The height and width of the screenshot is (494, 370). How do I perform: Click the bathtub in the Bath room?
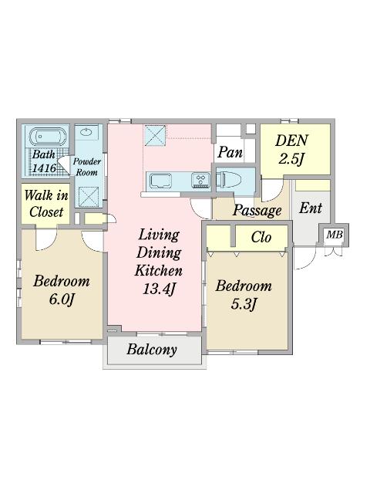[49, 137]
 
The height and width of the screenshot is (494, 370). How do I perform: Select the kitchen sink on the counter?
[161, 181]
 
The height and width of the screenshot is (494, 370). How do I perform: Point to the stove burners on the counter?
[200, 181]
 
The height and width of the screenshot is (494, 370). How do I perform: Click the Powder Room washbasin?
[86, 132]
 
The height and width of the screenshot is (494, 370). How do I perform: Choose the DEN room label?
[291, 140]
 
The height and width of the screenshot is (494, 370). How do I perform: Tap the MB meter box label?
[334, 235]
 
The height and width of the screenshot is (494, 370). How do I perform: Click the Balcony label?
[152, 350]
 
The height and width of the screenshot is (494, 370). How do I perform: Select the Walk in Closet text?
[46, 204]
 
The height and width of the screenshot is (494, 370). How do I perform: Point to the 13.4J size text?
[159, 289]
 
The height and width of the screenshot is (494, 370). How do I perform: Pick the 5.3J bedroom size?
[244, 304]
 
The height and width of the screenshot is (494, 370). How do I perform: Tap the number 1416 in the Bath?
[44, 168]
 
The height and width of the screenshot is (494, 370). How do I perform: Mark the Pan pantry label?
[230, 153]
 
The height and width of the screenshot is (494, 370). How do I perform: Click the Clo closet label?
[261, 237]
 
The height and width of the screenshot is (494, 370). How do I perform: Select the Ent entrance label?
[311, 208]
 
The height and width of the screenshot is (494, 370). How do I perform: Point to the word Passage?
[257, 211]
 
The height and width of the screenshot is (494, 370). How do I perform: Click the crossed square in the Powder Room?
[89, 196]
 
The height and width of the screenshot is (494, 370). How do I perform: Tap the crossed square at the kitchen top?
[155, 135]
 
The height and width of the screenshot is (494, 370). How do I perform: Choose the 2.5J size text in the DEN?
[291, 159]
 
